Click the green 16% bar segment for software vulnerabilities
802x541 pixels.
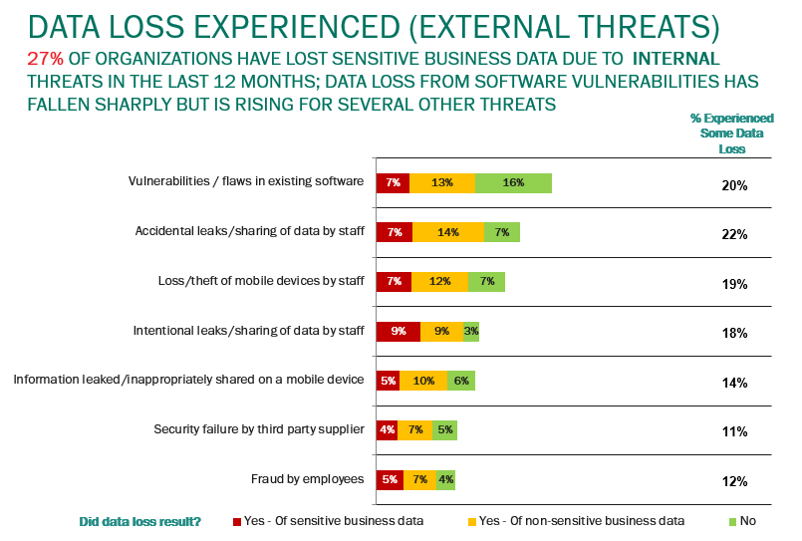coord(513,182)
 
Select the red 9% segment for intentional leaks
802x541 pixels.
coord(398,332)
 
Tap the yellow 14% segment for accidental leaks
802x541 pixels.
coord(448,232)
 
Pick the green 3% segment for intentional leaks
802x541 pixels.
coord(471,332)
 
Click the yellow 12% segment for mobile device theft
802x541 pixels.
coord(439,282)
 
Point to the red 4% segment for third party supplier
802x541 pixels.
coord(387,430)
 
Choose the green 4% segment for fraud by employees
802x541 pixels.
coord(445,480)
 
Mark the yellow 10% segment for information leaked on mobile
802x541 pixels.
coord(423,381)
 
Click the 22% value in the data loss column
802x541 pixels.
coord(734,234)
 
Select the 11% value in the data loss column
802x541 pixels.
coord(734,432)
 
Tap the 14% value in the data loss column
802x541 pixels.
coord(734,383)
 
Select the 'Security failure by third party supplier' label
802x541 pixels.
coord(259,429)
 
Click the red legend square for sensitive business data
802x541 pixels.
coord(237,521)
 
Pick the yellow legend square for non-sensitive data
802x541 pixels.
coord(471,521)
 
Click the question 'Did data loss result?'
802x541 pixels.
coord(139,521)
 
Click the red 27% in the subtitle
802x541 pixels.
coord(45,59)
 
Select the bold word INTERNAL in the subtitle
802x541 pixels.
coord(676,59)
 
